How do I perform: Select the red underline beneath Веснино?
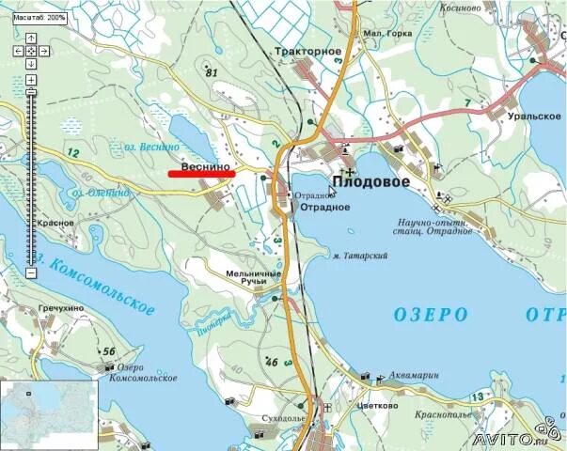201,174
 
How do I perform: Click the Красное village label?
56,223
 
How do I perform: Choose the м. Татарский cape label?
361,256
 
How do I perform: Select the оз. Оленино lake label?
95,193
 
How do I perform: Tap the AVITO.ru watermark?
516,439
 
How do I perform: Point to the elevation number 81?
211,73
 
